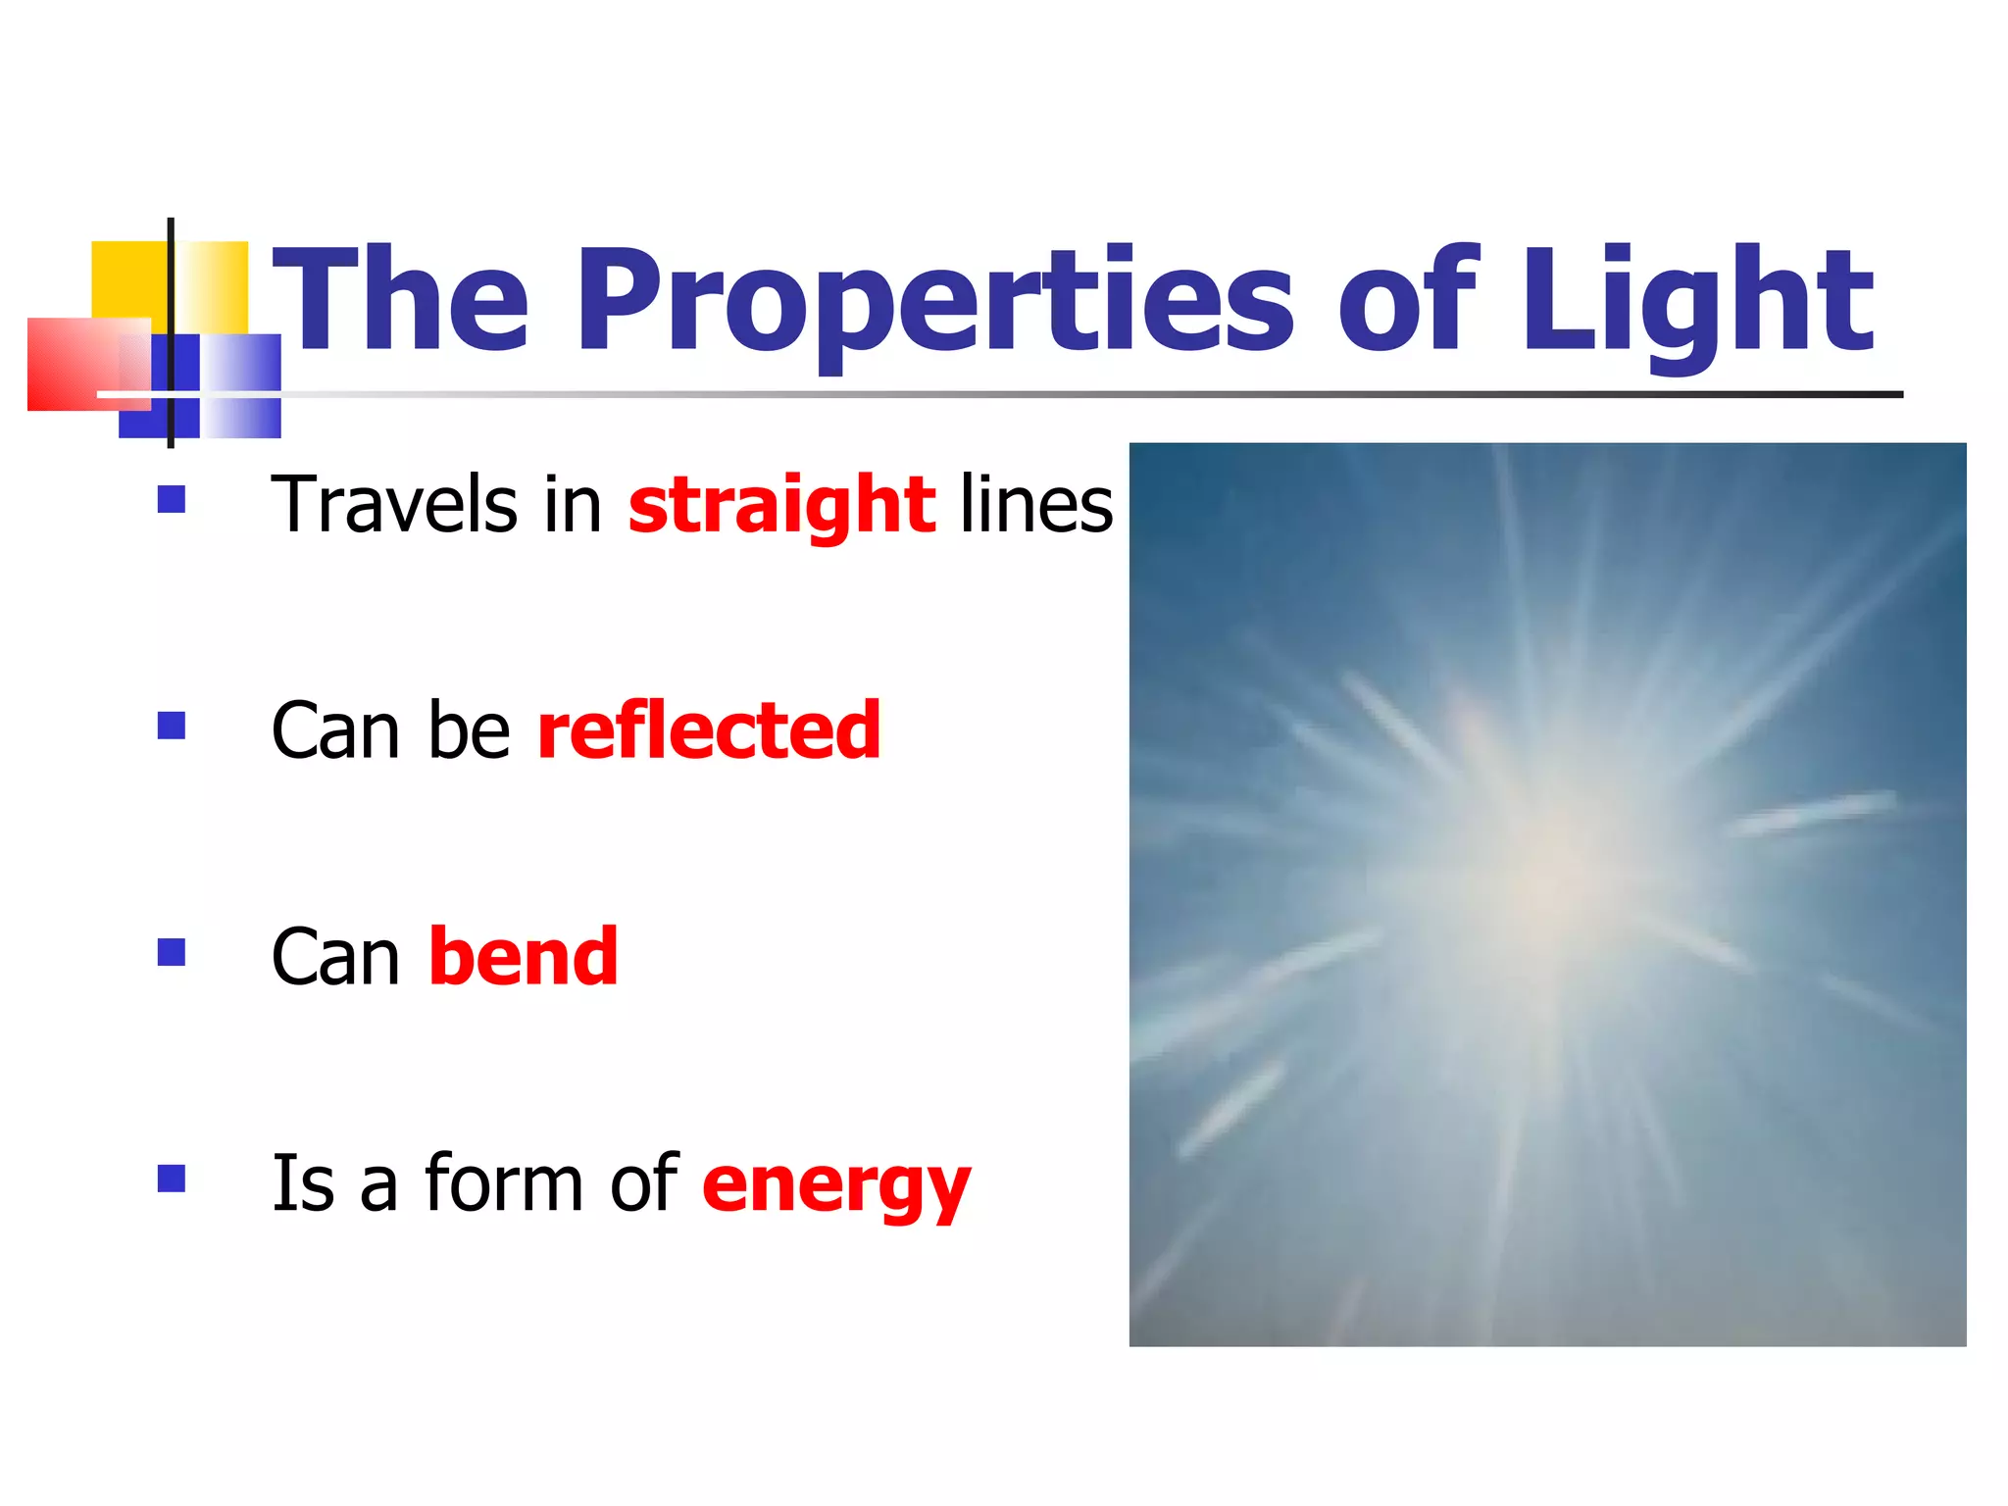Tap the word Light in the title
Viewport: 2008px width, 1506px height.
(x=1696, y=302)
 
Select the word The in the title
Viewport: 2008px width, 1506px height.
(x=400, y=302)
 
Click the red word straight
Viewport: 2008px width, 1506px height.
(x=781, y=505)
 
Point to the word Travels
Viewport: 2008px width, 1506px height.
(x=393, y=505)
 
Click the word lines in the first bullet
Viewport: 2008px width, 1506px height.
(x=1035, y=505)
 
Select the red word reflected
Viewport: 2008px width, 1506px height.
(x=709, y=730)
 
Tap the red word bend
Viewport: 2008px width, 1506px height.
(x=523, y=957)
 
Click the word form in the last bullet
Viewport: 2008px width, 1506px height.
(x=501, y=1183)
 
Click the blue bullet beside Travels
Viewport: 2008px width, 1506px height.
(x=172, y=500)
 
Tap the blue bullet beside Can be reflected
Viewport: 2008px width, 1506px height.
(x=172, y=726)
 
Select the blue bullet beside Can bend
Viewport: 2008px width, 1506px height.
(x=172, y=952)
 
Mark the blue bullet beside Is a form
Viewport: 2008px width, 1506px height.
(x=172, y=1178)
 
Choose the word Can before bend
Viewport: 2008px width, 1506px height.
(x=335, y=957)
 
